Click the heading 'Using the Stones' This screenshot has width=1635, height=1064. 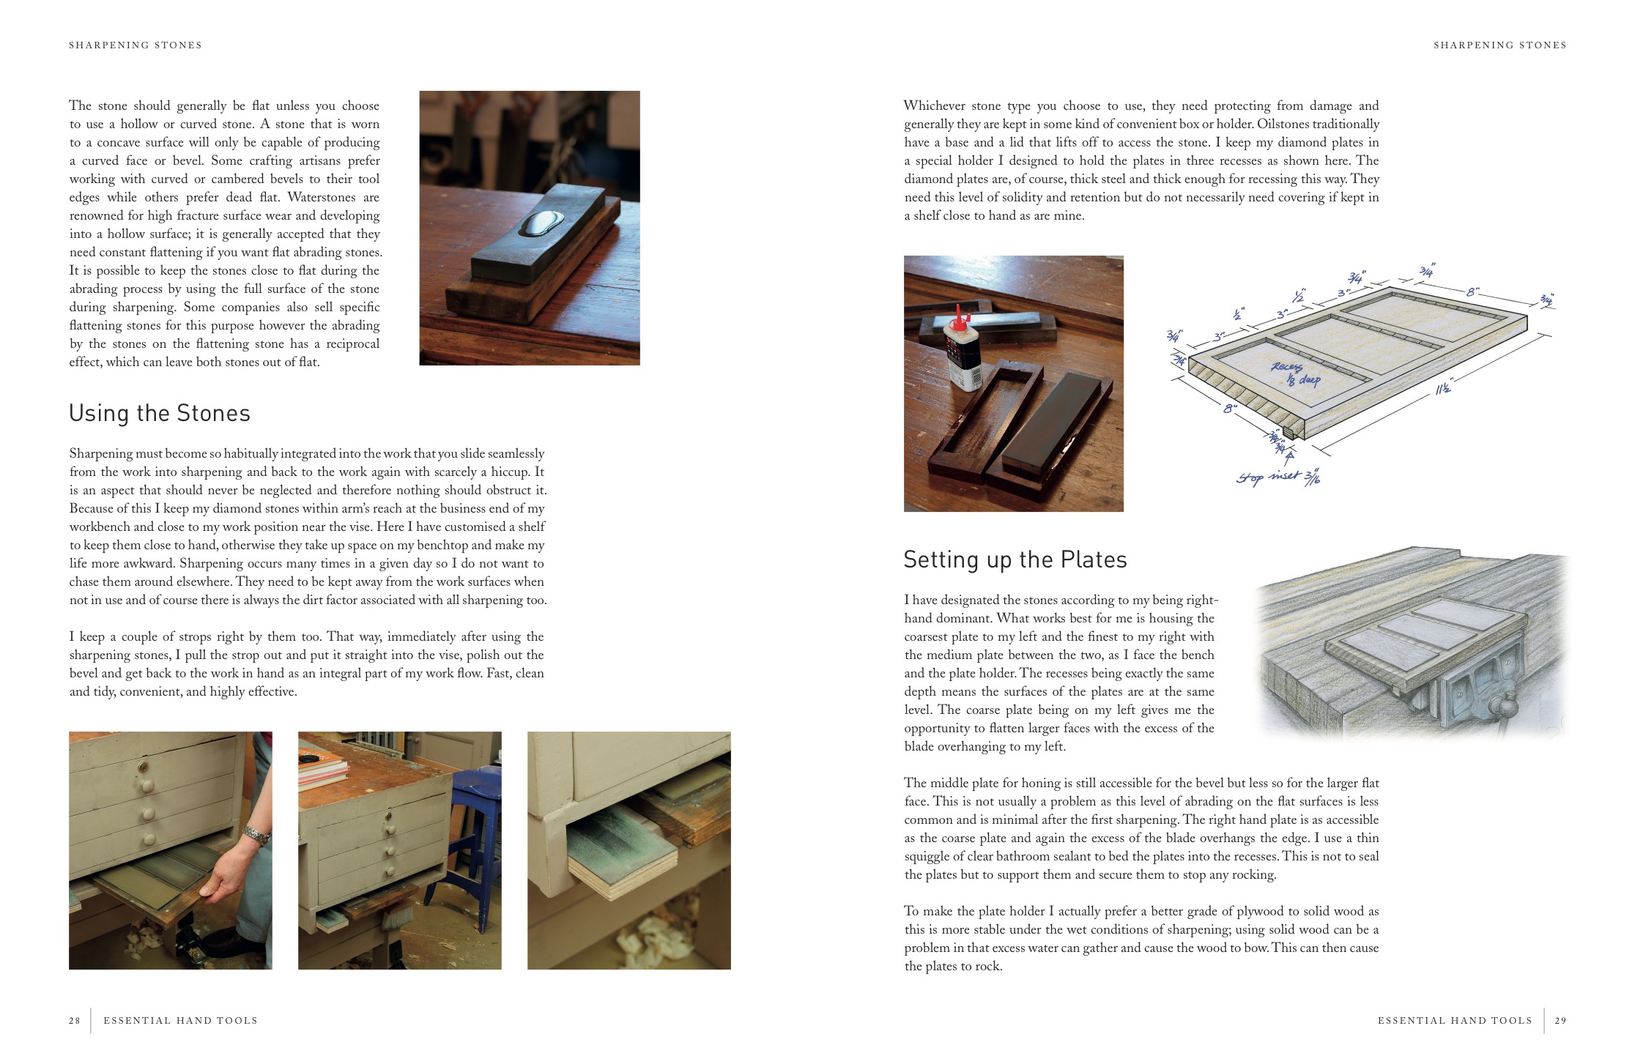tap(160, 414)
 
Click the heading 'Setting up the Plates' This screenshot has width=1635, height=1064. tap(1015, 560)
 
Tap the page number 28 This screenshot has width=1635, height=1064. tap(75, 1021)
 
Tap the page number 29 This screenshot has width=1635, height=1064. tap(1560, 1021)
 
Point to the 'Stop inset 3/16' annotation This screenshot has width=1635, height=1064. tap(1278, 477)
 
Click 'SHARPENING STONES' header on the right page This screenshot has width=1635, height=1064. tap(1499, 45)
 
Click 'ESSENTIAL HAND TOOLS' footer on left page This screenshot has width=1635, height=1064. tap(180, 1021)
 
